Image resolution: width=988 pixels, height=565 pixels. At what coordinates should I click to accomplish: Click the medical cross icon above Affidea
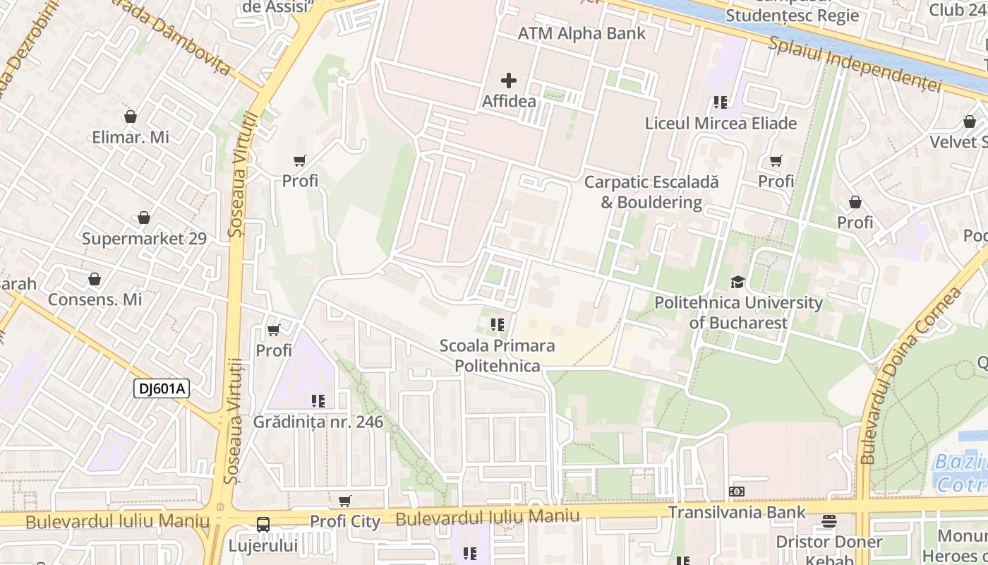(508, 81)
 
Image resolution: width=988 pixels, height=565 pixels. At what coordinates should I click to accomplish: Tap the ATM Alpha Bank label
(582, 33)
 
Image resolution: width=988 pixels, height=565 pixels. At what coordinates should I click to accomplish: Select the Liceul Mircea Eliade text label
(721, 123)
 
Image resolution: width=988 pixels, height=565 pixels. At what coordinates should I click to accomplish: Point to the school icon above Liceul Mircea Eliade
(720, 102)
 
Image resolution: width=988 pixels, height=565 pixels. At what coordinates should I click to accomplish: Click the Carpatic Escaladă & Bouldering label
(651, 192)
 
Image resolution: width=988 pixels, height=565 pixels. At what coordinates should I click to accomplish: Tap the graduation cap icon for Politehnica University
(737, 282)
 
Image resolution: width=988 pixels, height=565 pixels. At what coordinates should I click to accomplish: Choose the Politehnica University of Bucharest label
(738, 312)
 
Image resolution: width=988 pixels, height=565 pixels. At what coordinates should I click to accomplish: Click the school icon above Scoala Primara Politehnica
(498, 325)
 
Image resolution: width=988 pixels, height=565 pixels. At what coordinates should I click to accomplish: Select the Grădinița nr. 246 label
(318, 422)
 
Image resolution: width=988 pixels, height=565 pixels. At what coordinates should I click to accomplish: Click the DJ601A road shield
(162, 388)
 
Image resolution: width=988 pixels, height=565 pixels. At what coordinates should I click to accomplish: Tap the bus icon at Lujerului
(263, 525)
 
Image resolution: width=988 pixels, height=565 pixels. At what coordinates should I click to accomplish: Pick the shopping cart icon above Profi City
(344, 501)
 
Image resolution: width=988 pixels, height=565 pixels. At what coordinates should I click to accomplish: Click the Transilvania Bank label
(737, 512)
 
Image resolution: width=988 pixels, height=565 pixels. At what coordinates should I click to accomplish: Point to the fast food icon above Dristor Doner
(829, 522)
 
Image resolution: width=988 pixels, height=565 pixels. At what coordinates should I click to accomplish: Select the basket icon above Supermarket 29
(144, 218)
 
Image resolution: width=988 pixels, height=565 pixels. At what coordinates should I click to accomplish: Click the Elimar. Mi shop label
(131, 137)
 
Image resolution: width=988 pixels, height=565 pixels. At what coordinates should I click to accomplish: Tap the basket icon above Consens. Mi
(95, 279)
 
